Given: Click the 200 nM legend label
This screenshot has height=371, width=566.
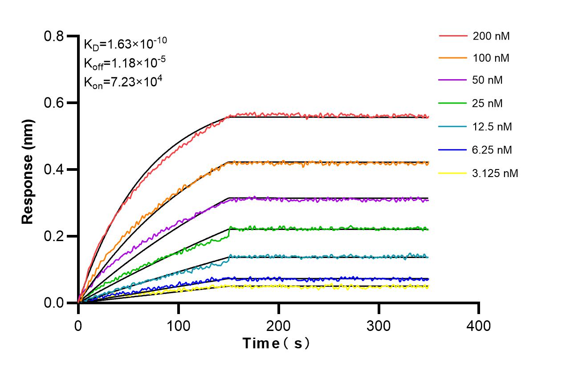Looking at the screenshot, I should coord(491,36).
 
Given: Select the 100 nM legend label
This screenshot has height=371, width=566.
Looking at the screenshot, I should coord(491,58).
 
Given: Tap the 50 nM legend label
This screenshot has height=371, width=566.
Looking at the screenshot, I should coord(488,81).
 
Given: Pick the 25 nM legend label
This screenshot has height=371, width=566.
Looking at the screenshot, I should coord(488,104).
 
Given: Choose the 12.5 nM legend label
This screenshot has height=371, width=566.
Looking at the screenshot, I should coord(492,127).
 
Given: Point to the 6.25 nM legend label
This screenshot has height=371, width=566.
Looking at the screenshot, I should coord(492,150).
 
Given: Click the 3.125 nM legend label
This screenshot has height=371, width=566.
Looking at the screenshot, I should coord(495,173).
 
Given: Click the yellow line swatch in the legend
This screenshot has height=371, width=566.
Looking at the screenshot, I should coord(453,173).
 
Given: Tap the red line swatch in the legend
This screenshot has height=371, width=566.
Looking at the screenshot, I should coord(453,36).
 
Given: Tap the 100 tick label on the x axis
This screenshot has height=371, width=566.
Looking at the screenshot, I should coord(179,326).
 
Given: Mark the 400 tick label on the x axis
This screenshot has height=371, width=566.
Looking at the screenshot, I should coord(479,326).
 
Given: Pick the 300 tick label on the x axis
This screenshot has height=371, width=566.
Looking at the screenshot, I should coord(379,326).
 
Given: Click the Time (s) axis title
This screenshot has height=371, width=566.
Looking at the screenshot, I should coord(276,344).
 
